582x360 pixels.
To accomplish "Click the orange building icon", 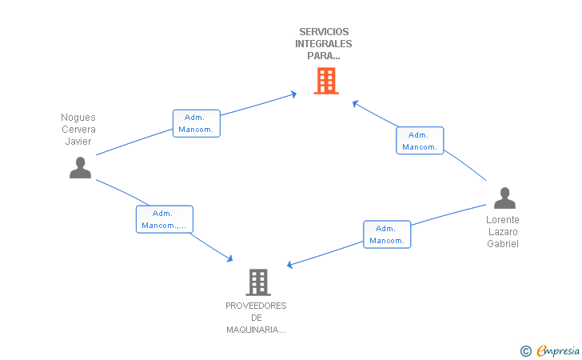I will coord(325,81).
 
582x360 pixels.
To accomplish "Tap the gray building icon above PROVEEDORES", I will coord(257,282).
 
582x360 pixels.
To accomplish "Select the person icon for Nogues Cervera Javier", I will coord(80,167).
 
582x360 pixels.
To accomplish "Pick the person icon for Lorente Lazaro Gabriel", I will coord(504,198).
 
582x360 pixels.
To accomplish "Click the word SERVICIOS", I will coord(324,32).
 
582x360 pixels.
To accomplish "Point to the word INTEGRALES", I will coord(324,44).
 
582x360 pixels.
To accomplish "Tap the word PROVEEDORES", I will coord(256,306).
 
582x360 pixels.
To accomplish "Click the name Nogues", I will coord(78,118).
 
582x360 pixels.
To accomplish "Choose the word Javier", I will coord(78,142).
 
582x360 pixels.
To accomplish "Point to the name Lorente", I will coord(503,220).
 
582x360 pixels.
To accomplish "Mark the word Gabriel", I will coord(503,244).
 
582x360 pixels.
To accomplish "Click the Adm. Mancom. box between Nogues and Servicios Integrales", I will coord(196,123).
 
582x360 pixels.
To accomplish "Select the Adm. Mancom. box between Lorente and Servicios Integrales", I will coord(420,141).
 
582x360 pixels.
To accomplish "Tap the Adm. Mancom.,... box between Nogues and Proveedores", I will coord(164,219).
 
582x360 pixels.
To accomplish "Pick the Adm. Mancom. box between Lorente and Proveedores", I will coord(387,234).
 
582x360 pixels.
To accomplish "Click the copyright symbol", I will coord(525,350).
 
